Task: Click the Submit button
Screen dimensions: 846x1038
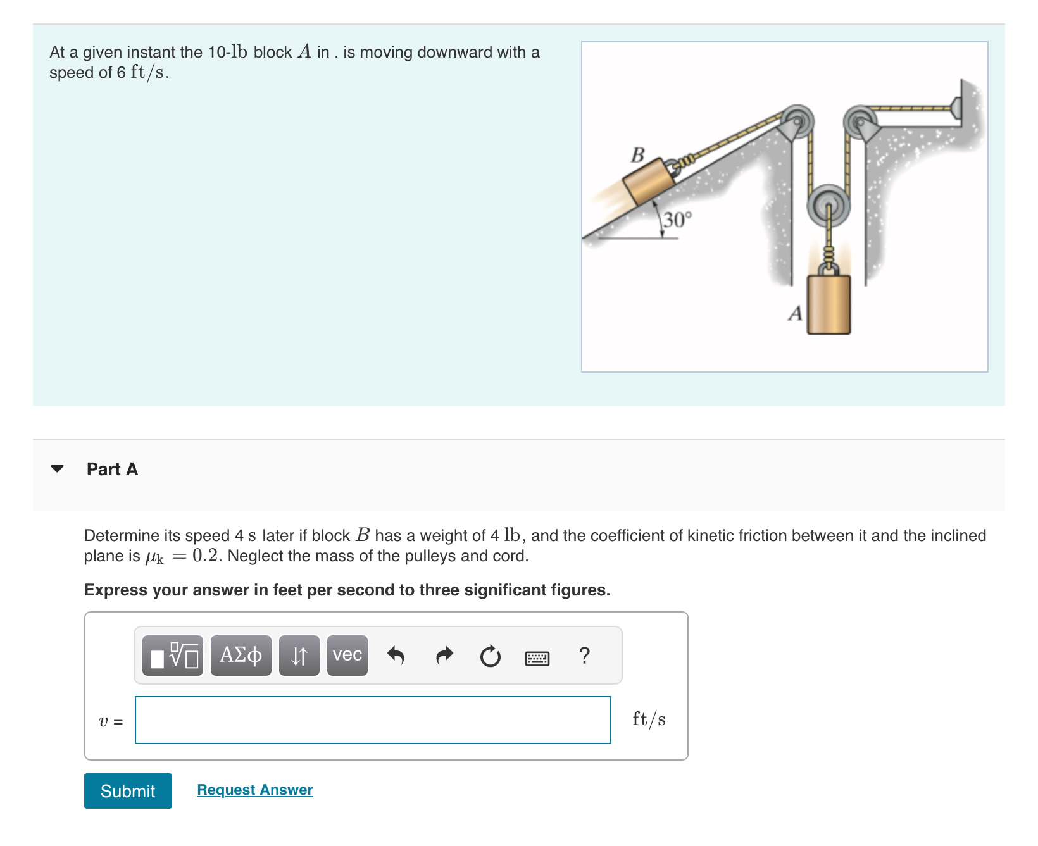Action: click(128, 791)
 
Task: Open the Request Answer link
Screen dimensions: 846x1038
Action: click(255, 790)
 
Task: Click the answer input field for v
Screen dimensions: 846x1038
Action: click(372, 720)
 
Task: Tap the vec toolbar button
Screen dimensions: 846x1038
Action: click(347, 656)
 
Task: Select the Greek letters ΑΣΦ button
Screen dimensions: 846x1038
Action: click(241, 656)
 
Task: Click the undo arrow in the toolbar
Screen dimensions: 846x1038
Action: click(396, 656)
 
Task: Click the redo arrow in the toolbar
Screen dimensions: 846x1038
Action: click(445, 656)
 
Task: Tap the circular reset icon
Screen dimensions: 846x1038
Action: click(490, 656)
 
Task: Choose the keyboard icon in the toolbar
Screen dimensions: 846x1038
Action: click(537, 658)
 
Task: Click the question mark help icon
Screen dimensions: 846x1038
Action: click(585, 656)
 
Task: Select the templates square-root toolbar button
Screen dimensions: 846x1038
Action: click(173, 656)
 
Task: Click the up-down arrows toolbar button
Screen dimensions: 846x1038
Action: click(299, 656)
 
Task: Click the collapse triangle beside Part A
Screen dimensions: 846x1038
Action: click(58, 469)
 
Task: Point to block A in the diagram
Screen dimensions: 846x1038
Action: click(829, 304)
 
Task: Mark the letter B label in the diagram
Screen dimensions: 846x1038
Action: click(638, 154)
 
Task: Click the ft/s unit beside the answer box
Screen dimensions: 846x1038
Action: click(649, 719)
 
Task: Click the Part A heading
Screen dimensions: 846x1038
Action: click(112, 469)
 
